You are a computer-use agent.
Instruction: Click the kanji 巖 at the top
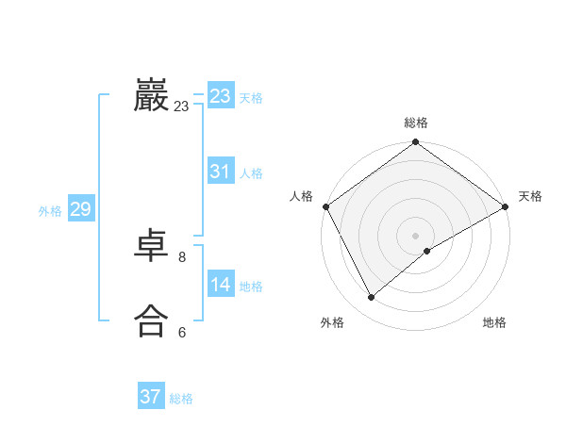coord(151,95)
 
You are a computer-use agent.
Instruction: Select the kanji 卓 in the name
coord(151,248)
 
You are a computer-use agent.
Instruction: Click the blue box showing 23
coord(221,96)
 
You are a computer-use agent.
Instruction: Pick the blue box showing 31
coord(221,172)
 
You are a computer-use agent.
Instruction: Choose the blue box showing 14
coord(221,285)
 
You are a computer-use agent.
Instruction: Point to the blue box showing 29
coord(80,209)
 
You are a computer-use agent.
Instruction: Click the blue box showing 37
coord(151,397)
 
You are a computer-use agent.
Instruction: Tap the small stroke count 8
coord(182,256)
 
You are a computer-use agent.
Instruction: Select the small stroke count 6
coord(182,332)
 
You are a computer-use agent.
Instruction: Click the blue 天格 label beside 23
coord(251,98)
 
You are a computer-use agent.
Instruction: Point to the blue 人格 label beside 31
coord(251,173)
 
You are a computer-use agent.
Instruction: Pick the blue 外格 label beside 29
coord(50,211)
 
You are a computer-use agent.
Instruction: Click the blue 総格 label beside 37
coord(181,399)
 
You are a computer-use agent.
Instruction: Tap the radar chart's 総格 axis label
coord(416,123)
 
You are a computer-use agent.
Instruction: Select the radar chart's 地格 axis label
coord(494,322)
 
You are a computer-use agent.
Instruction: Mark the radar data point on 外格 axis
coord(372,297)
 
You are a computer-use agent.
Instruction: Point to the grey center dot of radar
coord(416,235)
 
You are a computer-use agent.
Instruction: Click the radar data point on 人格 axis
coord(325,206)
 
